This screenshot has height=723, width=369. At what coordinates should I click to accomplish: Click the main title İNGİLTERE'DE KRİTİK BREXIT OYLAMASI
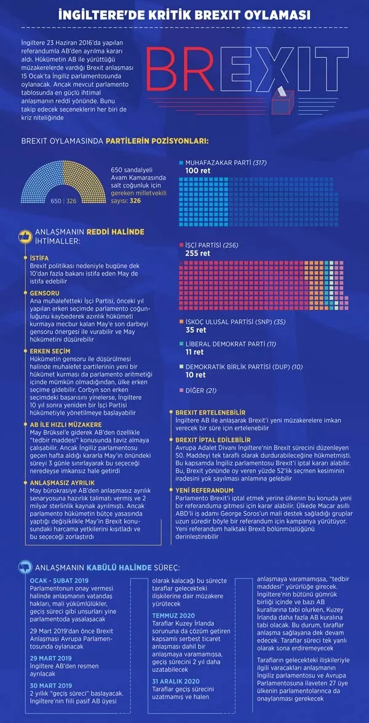point(184,15)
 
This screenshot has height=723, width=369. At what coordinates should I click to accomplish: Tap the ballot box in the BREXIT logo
point(282,98)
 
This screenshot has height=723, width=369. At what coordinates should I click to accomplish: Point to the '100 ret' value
point(197,171)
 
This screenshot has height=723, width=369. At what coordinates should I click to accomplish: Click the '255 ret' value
point(197,253)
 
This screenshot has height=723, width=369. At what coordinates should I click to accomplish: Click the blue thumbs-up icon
point(25,567)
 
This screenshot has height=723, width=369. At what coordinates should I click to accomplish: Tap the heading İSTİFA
point(39,258)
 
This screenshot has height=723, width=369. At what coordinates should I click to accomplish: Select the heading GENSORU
point(44,293)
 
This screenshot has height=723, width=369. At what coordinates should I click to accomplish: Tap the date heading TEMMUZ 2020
point(175,615)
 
